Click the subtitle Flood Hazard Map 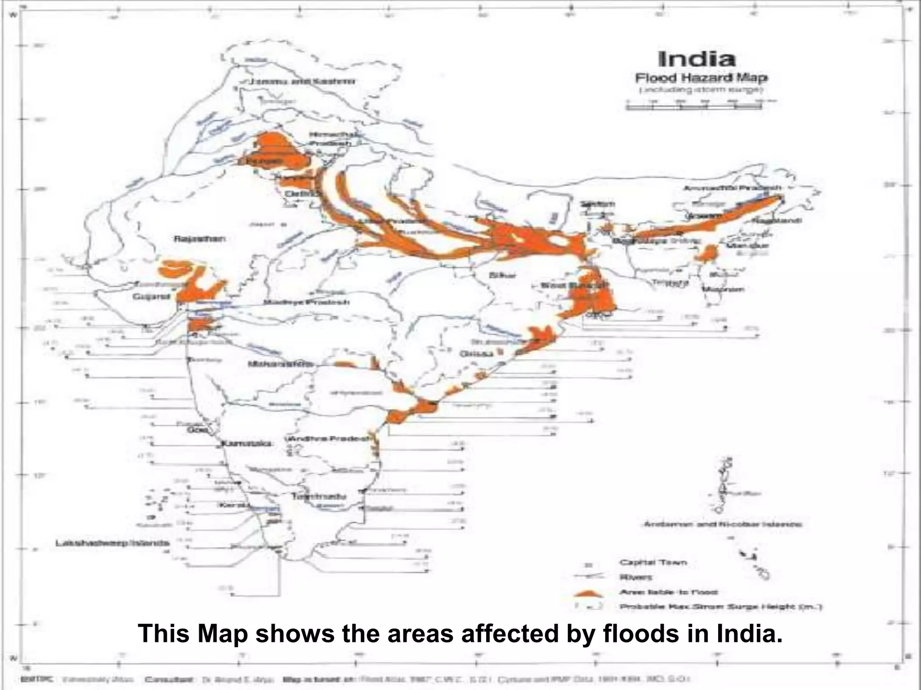pyautogui.click(x=701, y=78)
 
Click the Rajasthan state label pyautogui.click(x=200, y=239)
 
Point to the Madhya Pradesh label pyautogui.click(x=306, y=302)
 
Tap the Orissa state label pyautogui.click(x=476, y=354)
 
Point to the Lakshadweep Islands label pyautogui.click(x=112, y=543)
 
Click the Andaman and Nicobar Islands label pyautogui.click(x=723, y=524)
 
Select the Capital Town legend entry pyautogui.click(x=653, y=562)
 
